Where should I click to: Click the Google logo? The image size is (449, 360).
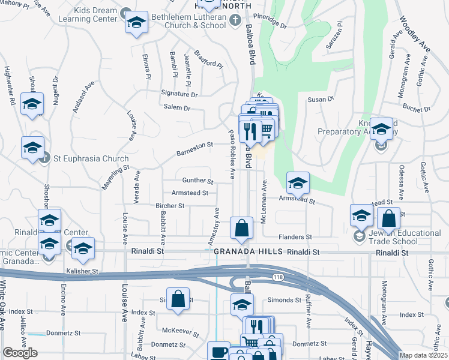click(x=20, y=353)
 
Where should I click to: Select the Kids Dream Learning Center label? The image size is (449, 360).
click(x=88, y=15)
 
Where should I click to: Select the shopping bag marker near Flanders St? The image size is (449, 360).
click(x=241, y=228)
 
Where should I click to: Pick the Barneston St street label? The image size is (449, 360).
click(x=195, y=149)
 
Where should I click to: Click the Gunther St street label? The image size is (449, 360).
click(x=197, y=181)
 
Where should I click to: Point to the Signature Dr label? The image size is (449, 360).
click(x=179, y=94)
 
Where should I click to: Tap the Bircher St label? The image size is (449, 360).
click(x=170, y=205)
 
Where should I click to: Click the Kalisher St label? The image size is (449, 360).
click(x=82, y=271)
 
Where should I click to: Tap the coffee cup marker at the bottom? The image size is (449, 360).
click(x=218, y=352)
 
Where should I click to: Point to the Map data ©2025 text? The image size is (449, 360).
click(x=423, y=356)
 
